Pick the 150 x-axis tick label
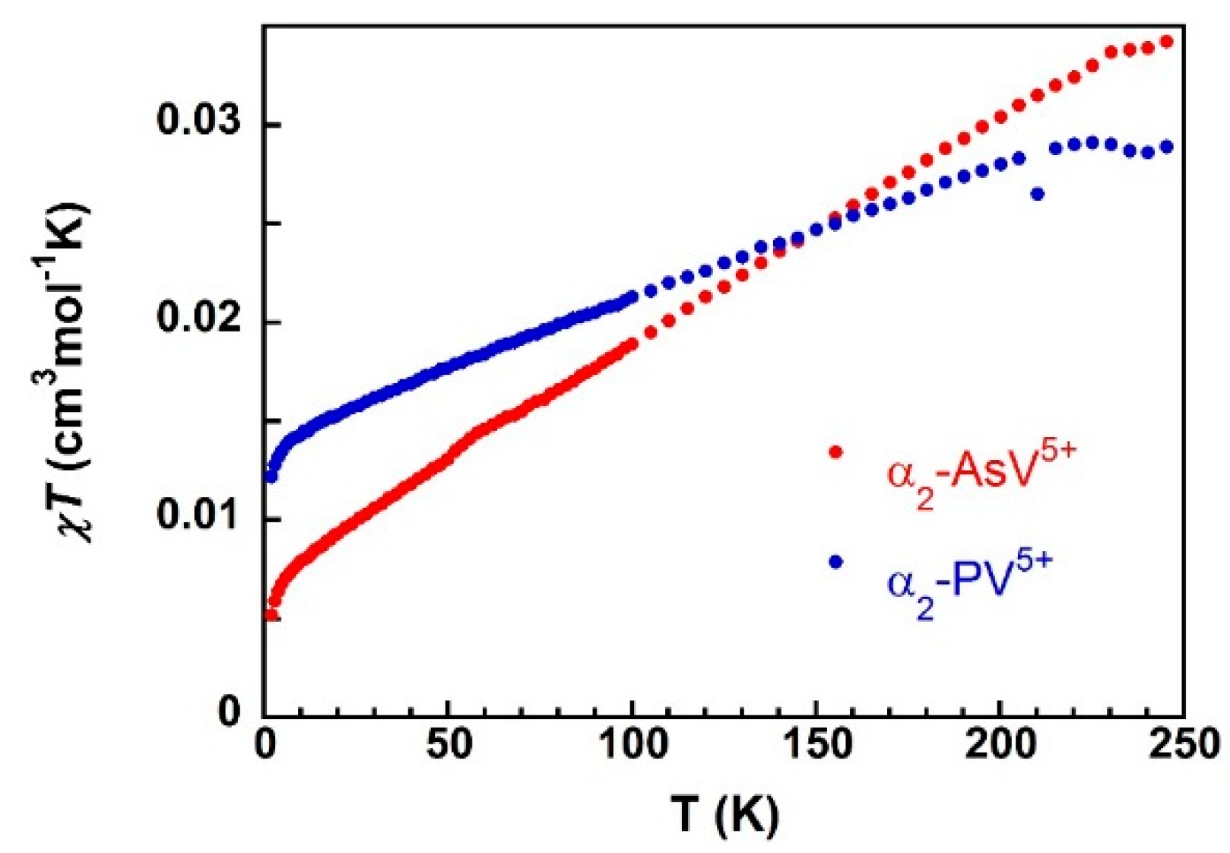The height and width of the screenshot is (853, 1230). pos(815,746)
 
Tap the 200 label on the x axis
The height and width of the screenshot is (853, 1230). pos(999,746)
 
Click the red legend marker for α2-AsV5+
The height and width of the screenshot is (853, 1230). pos(836,452)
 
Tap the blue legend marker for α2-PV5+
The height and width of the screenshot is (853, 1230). pos(836,562)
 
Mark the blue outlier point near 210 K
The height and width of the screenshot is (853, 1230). pos(1037,195)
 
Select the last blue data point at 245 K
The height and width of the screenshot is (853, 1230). pos(1166,147)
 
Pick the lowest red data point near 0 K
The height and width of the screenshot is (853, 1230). pos(271,614)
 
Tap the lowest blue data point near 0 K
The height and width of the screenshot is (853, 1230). pos(271,477)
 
